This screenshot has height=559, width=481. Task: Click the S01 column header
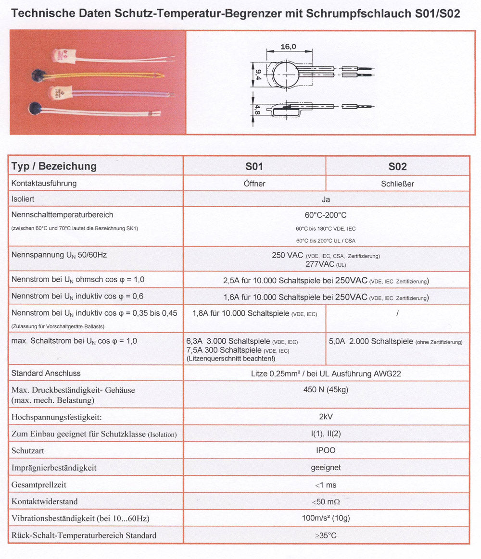(x=254, y=166)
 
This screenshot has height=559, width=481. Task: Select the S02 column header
(x=397, y=166)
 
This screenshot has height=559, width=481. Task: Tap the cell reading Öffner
(x=254, y=184)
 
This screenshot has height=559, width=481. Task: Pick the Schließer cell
(x=398, y=184)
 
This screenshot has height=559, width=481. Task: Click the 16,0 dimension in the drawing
(x=289, y=47)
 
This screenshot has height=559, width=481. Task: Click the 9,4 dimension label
(x=258, y=75)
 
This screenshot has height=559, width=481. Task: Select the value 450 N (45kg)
(x=326, y=389)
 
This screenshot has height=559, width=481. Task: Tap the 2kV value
(x=326, y=416)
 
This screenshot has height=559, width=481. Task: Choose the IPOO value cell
(x=326, y=450)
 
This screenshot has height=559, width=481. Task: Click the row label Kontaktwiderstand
(x=44, y=501)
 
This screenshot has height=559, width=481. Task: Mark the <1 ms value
(x=326, y=485)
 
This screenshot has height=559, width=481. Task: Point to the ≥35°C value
(x=326, y=535)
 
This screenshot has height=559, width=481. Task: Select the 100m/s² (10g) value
(x=326, y=518)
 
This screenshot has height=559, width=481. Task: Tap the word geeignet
(x=326, y=467)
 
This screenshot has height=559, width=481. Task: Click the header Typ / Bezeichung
(x=54, y=166)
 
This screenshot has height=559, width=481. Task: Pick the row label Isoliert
(x=23, y=199)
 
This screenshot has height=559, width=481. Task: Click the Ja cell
(x=326, y=199)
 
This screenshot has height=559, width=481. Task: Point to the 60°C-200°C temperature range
(x=326, y=215)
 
